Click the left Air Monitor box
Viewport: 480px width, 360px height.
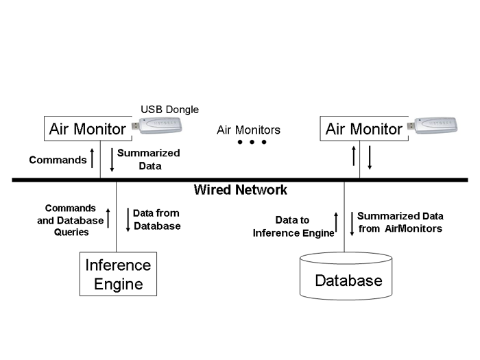click(x=88, y=128)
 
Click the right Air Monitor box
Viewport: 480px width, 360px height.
click(x=363, y=129)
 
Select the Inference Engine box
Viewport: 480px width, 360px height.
click(x=117, y=274)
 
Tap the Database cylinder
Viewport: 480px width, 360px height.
click(x=348, y=276)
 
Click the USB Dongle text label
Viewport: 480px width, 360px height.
click(x=169, y=109)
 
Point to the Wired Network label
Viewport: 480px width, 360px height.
click(x=240, y=190)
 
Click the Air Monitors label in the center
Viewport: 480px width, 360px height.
click(x=248, y=129)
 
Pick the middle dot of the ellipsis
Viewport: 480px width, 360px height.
click(x=252, y=143)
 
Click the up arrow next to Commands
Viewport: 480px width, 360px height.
click(x=93, y=159)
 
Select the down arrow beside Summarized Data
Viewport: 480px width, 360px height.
click(x=110, y=159)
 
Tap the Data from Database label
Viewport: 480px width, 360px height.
click(x=156, y=219)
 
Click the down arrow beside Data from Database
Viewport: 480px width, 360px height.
click(x=127, y=219)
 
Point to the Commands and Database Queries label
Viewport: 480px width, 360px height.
click(x=70, y=219)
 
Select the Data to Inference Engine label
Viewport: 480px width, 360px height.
click(x=293, y=226)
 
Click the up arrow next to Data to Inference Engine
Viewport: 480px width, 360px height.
click(x=336, y=224)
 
